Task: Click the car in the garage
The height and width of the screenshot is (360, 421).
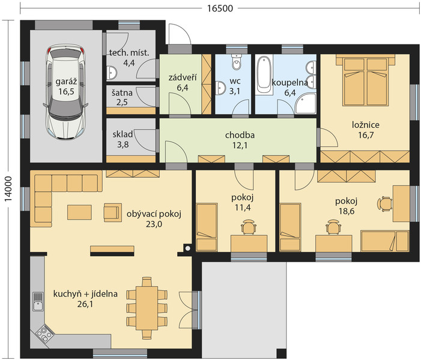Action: (x=65, y=92)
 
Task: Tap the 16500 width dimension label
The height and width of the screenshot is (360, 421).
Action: (x=220, y=8)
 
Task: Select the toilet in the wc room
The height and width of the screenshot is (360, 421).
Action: (x=237, y=62)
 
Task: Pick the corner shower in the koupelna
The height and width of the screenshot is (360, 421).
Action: (x=306, y=104)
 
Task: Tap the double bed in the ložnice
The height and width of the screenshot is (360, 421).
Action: (x=366, y=80)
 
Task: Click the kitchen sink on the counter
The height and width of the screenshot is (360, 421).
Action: (x=38, y=302)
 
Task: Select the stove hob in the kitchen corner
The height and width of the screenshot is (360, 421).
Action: (x=43, y=333)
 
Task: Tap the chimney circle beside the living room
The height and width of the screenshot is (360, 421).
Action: (x=187, y=248)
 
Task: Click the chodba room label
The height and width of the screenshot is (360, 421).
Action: (x=240, y=135)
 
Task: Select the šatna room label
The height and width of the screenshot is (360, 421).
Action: (x=122, y=93)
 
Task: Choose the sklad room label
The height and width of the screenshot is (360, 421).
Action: (x=123, y=134)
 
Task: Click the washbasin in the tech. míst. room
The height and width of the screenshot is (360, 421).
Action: (x=111, y=73)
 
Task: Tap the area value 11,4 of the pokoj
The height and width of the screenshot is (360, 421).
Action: (x=242, y=208)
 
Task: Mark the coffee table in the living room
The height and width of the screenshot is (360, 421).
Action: (x=79, y=212)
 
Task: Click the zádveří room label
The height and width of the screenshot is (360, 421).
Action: (x=183, y=78)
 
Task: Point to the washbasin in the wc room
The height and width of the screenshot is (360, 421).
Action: (x=220, y=88)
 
